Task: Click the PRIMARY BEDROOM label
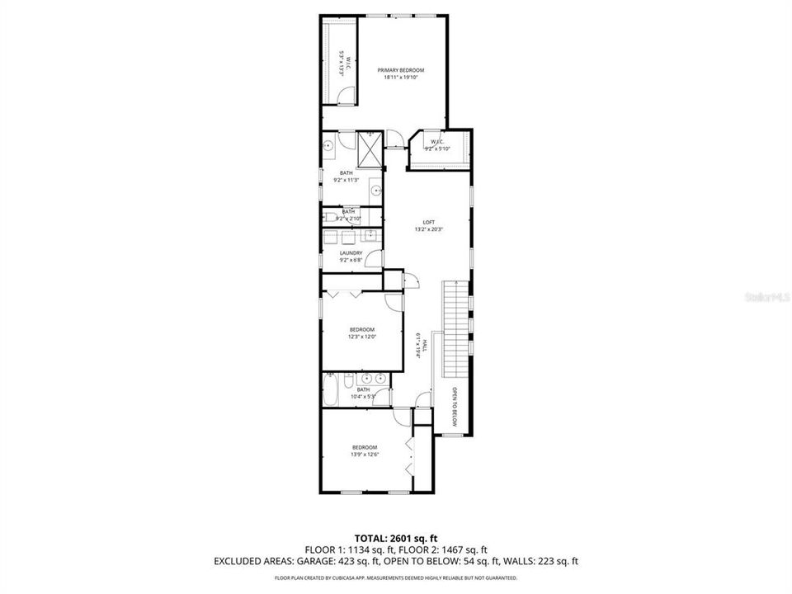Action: (401, 70)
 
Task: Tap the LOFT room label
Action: (428, 222)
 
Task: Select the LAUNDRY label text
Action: (351, 253)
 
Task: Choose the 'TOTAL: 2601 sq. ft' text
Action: (396, 536)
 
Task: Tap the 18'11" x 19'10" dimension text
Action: (401, 78)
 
